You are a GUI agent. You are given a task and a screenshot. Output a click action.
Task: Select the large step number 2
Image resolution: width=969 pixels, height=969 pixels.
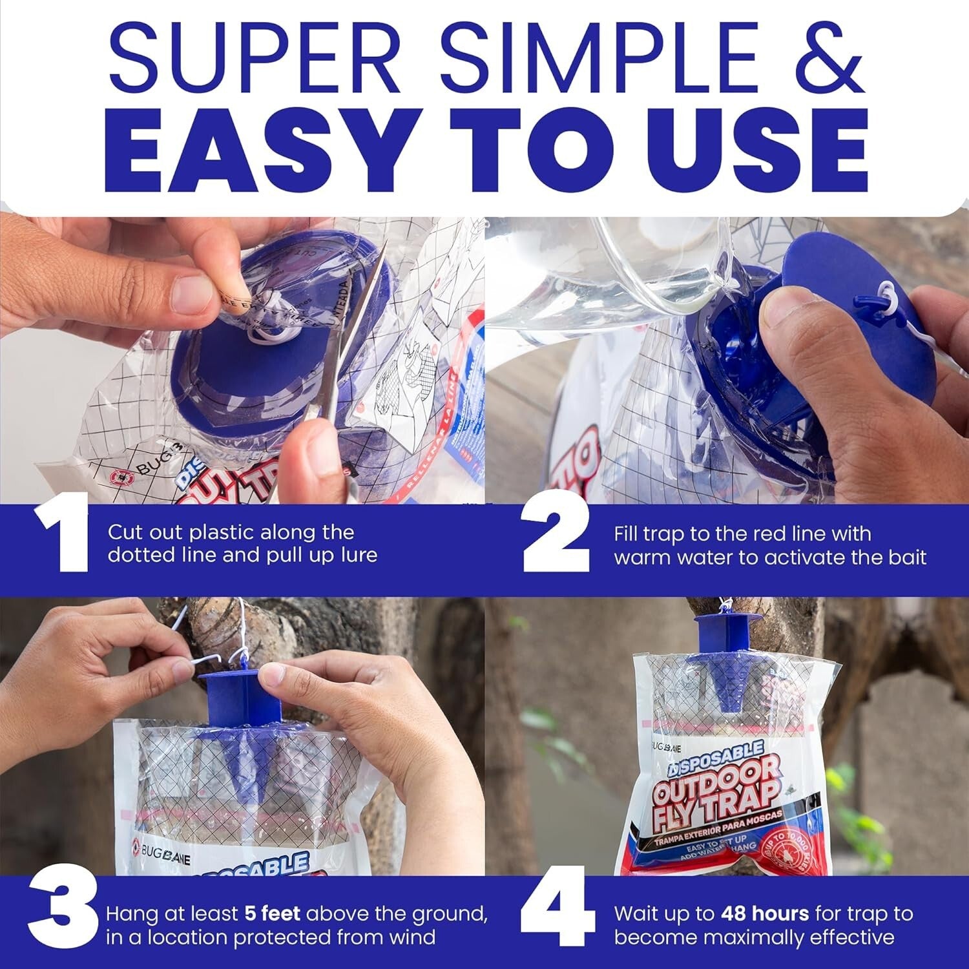pyautogui.click(x=556, y=541)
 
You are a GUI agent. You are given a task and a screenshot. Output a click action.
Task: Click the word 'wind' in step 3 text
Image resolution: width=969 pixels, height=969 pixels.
pyautogui.click(x=413, y=937)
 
